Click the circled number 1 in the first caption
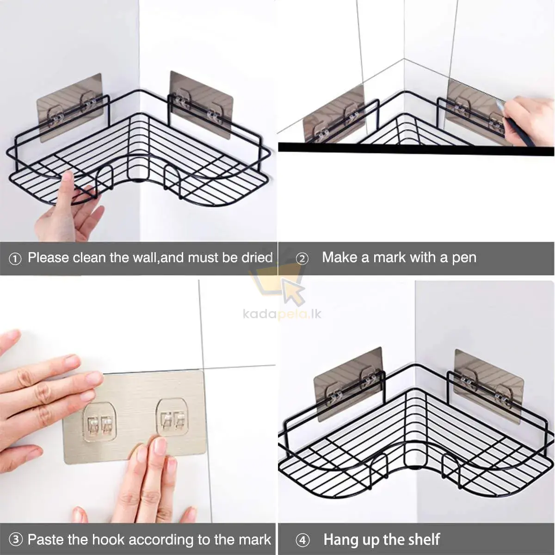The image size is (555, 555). [x=15, y=259]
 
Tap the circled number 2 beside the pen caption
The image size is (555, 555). [x=302, y=259]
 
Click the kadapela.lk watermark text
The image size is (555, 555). [x=282, y=314]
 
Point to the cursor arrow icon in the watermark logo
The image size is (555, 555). [x=293, y=292]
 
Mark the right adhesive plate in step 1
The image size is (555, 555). [x=201, y=105]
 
